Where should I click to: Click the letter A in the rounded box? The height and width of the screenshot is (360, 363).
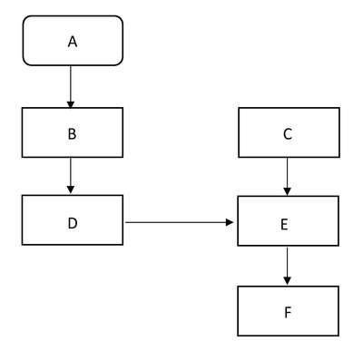point(73,42)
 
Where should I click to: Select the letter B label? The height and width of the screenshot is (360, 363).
point(72,134)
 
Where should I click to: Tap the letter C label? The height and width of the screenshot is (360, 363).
point(288,134)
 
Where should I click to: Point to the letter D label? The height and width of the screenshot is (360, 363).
point(73,223)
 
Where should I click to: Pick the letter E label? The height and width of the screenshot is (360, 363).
point(284,225)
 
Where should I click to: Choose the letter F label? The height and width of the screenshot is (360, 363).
point(288,313)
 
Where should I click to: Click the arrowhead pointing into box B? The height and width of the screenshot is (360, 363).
point(71,104)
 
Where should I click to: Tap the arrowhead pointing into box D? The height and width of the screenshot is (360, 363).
point(71,190)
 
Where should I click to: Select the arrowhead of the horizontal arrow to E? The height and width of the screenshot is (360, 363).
point(230,222)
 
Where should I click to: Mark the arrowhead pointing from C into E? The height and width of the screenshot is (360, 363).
point(288,191)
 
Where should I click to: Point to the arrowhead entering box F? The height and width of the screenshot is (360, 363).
point(288,281)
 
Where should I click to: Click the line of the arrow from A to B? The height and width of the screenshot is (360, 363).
point(71,83)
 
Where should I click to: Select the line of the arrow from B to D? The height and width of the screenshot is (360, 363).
point(71,171)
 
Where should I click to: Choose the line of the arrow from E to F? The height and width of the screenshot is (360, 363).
point(288,262)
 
